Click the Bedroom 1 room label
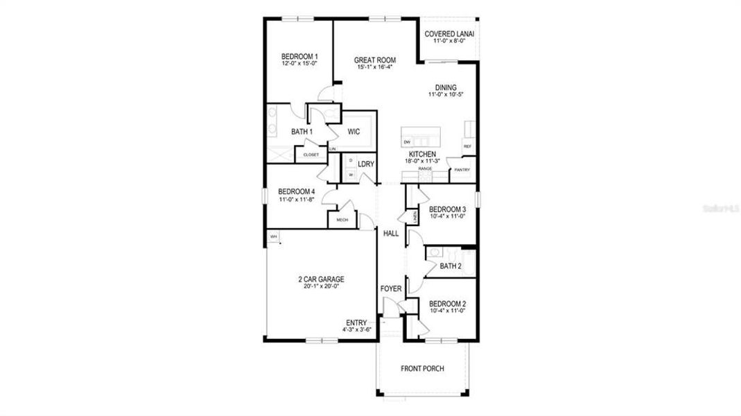299,56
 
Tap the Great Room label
375,60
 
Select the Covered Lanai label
449,34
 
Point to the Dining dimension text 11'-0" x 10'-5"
446,94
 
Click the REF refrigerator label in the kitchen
467,146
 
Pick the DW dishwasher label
407,142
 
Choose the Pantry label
462,169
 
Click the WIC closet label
354,131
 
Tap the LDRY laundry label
366,164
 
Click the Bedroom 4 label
297,192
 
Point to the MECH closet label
342,220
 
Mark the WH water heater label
273,237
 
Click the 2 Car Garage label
321,279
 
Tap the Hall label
391,234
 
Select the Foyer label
391,288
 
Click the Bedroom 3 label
447,209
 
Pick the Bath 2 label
451,266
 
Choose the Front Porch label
422,369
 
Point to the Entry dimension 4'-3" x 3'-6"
356,330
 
